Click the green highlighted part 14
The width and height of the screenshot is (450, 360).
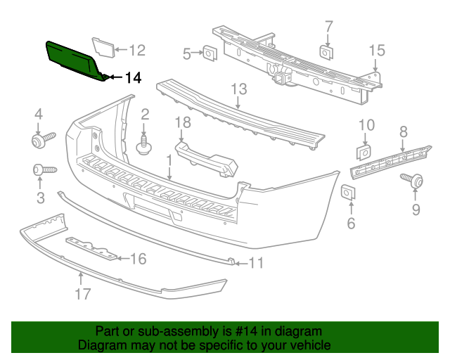tap(75, 60)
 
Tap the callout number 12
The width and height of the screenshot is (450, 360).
tap(136, 50)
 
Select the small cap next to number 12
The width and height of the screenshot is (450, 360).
tap(103, 47)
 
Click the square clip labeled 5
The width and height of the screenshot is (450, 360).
tap(210, 52)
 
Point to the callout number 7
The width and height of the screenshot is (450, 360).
tap(328, 27)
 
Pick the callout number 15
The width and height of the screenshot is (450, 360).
tap(378, 50)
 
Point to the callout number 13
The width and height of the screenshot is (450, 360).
tap(239, 89)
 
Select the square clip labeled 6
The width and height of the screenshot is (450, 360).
tap(348, 193)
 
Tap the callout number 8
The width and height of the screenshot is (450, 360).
tap(404, 131)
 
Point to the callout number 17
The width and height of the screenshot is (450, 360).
tap(83, 294)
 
